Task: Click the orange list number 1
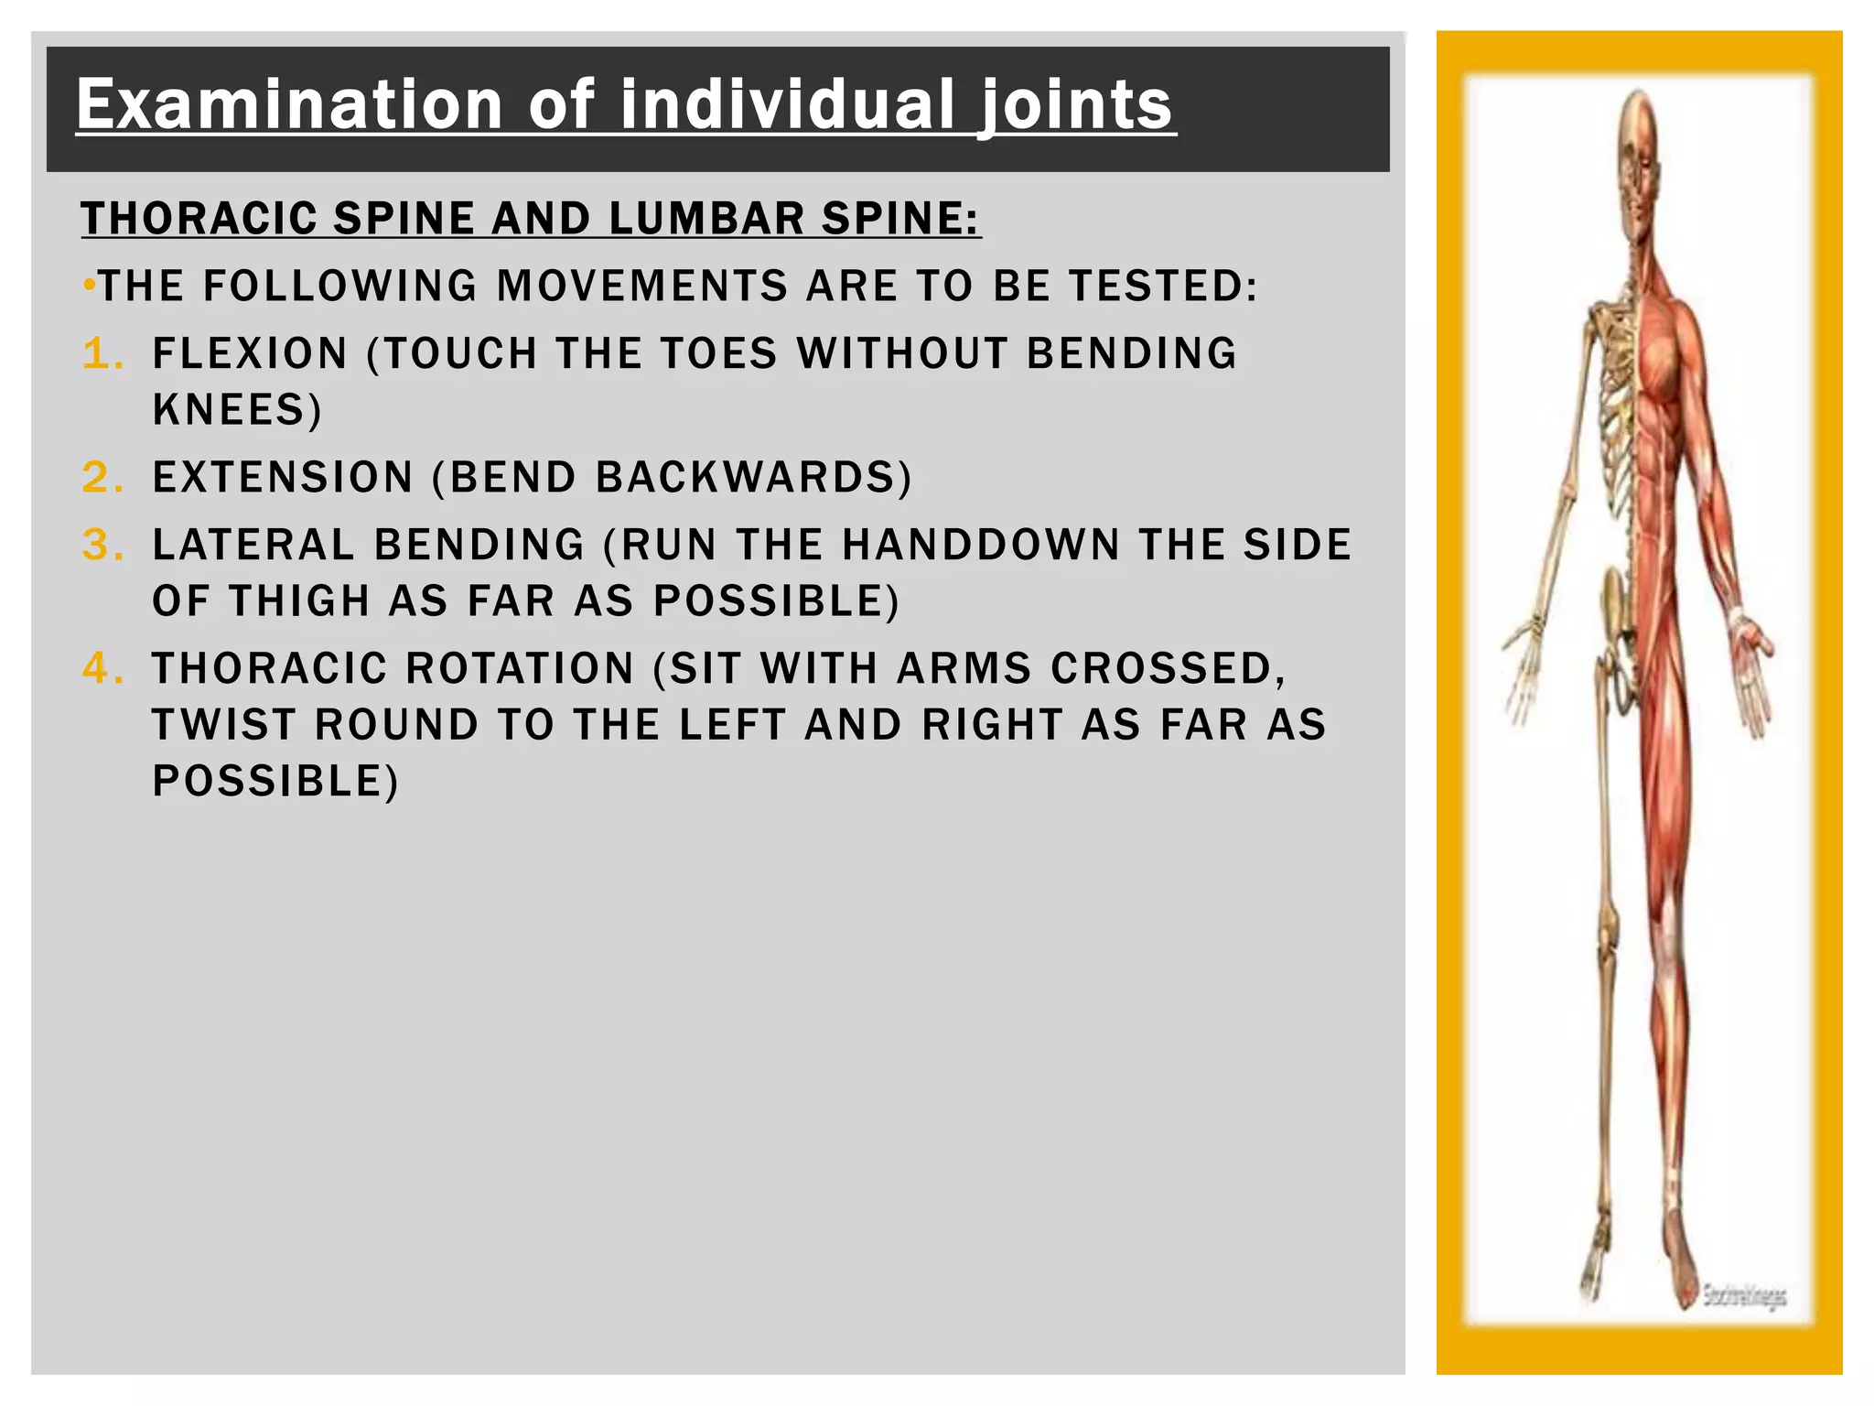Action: point(102,353)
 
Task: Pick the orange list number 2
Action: point(102,477)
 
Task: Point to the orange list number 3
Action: point(102,545)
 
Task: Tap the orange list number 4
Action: point(102,668)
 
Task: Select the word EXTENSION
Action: point(283,478)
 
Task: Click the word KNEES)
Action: point(237,410)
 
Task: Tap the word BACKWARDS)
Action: point(754,478)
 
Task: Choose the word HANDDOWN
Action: point(981,546)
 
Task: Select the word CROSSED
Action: point(1168,669)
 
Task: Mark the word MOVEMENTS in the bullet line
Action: point(641,287)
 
